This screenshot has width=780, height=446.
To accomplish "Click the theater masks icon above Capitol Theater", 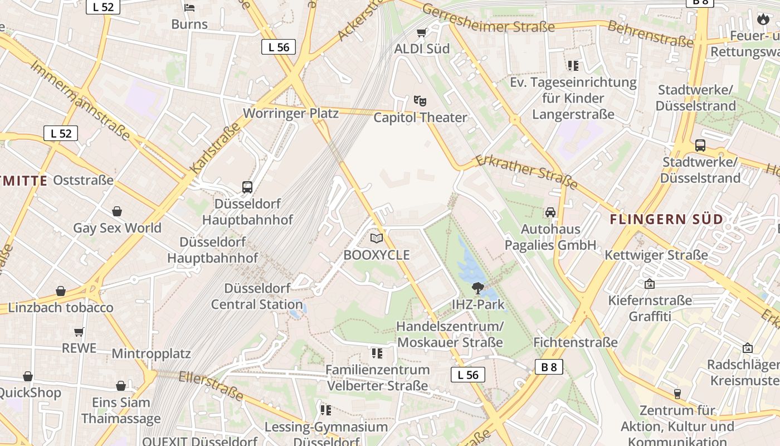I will click(x=420, y=101).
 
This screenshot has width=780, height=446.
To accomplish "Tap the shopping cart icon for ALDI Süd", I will click(x=422, y=32).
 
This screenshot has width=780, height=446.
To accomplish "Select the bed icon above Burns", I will click(x=189, y=7).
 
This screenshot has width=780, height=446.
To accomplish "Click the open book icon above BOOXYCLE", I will click(x=377, y=239).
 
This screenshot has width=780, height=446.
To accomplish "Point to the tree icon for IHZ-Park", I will click(x=477, y=288).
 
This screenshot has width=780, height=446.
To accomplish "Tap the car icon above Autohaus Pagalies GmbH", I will click(x=550, y=212).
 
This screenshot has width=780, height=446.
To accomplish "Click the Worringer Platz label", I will click(x=291, y=113).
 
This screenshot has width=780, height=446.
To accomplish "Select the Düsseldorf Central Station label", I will click(x=257, y=297).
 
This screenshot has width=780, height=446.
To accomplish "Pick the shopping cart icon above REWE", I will click(x=79, y=332).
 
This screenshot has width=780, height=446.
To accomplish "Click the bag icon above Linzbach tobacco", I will click(x=61, y=291).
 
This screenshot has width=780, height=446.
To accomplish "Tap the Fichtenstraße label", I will click(x=576, y=342).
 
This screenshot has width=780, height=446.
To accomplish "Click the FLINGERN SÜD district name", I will click(x=666, y=219).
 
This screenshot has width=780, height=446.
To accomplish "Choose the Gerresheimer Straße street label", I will click(x=488, y=18).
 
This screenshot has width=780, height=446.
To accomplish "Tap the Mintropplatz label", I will click(x=151, y=353).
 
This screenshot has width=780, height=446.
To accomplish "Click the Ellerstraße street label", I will click(x=211, y=385).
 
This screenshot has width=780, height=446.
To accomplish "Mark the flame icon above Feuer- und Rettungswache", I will click(x=763, y=20).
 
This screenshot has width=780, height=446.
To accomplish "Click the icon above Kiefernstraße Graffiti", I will click(x=649, y=284).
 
